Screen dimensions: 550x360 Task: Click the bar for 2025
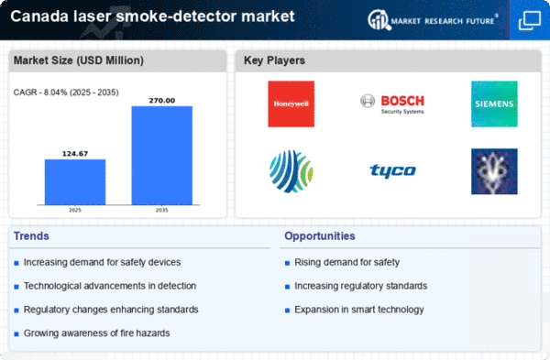click(75, 182)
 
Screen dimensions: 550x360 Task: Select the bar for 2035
click(161, 156)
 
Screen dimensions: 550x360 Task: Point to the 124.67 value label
click(75, 154)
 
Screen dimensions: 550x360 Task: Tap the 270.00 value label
click(161, 101)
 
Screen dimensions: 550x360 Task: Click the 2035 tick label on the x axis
click(161, 210)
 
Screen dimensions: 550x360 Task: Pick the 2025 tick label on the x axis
click(75, 210)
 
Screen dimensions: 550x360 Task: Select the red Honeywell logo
click(291, 104)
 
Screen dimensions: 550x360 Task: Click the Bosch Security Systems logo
click(392, 104)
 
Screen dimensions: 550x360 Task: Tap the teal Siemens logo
click(494, 104)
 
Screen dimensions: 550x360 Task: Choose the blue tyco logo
click(393, 170)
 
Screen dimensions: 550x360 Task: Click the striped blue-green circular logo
click(291, 171)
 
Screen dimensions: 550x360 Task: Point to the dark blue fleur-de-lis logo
click(494, 171)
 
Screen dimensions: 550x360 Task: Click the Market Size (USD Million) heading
click(79, 60)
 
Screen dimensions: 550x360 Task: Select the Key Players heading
click(274, 60)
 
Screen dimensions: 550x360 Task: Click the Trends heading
click(31, 236)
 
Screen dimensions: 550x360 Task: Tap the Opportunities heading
click(320, 236)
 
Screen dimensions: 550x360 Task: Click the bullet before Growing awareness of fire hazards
click(16, 334)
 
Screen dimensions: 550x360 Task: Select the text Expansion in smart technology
click(359, 310)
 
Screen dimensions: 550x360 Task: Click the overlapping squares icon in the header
click(530, 20)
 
